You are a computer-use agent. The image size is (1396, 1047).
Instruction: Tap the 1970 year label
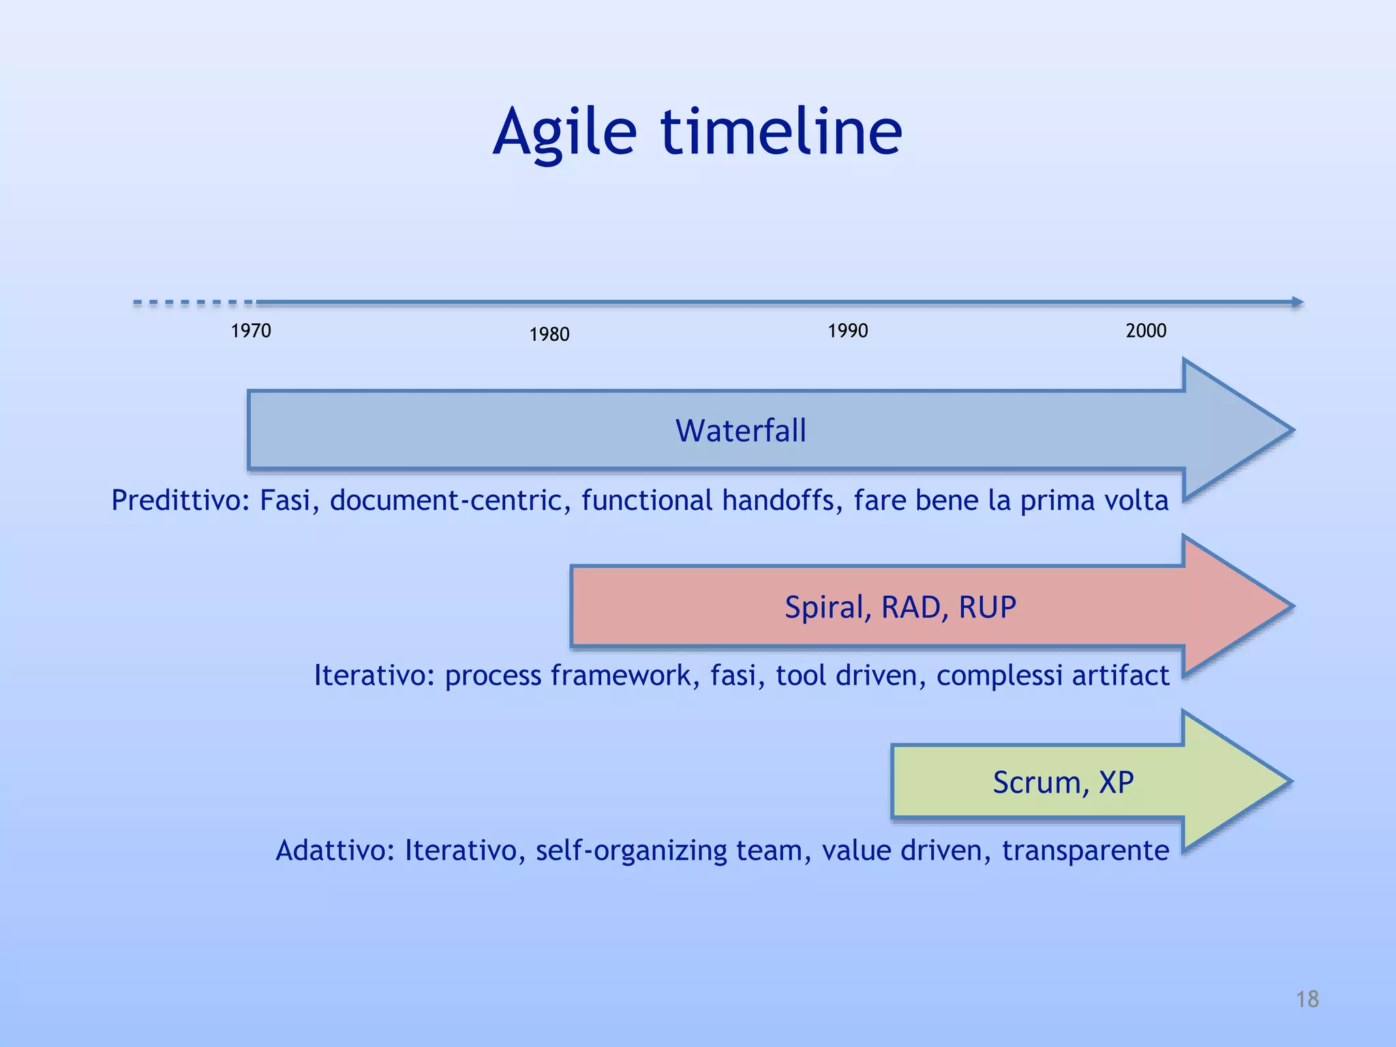tap(251, 331)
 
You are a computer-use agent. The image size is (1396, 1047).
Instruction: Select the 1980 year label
tap(549, 335)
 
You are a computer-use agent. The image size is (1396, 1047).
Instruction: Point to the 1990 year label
tap(847, 331)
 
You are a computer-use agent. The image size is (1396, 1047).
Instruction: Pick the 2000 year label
tap(1146, 331)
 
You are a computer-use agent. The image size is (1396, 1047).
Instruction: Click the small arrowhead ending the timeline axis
tap(1298, 302)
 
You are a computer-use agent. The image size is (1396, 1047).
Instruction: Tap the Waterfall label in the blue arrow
tap(740, 431)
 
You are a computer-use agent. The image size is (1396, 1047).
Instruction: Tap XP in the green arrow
tap(1116, 783)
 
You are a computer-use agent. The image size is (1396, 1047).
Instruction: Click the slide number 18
tap(1307, 999)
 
